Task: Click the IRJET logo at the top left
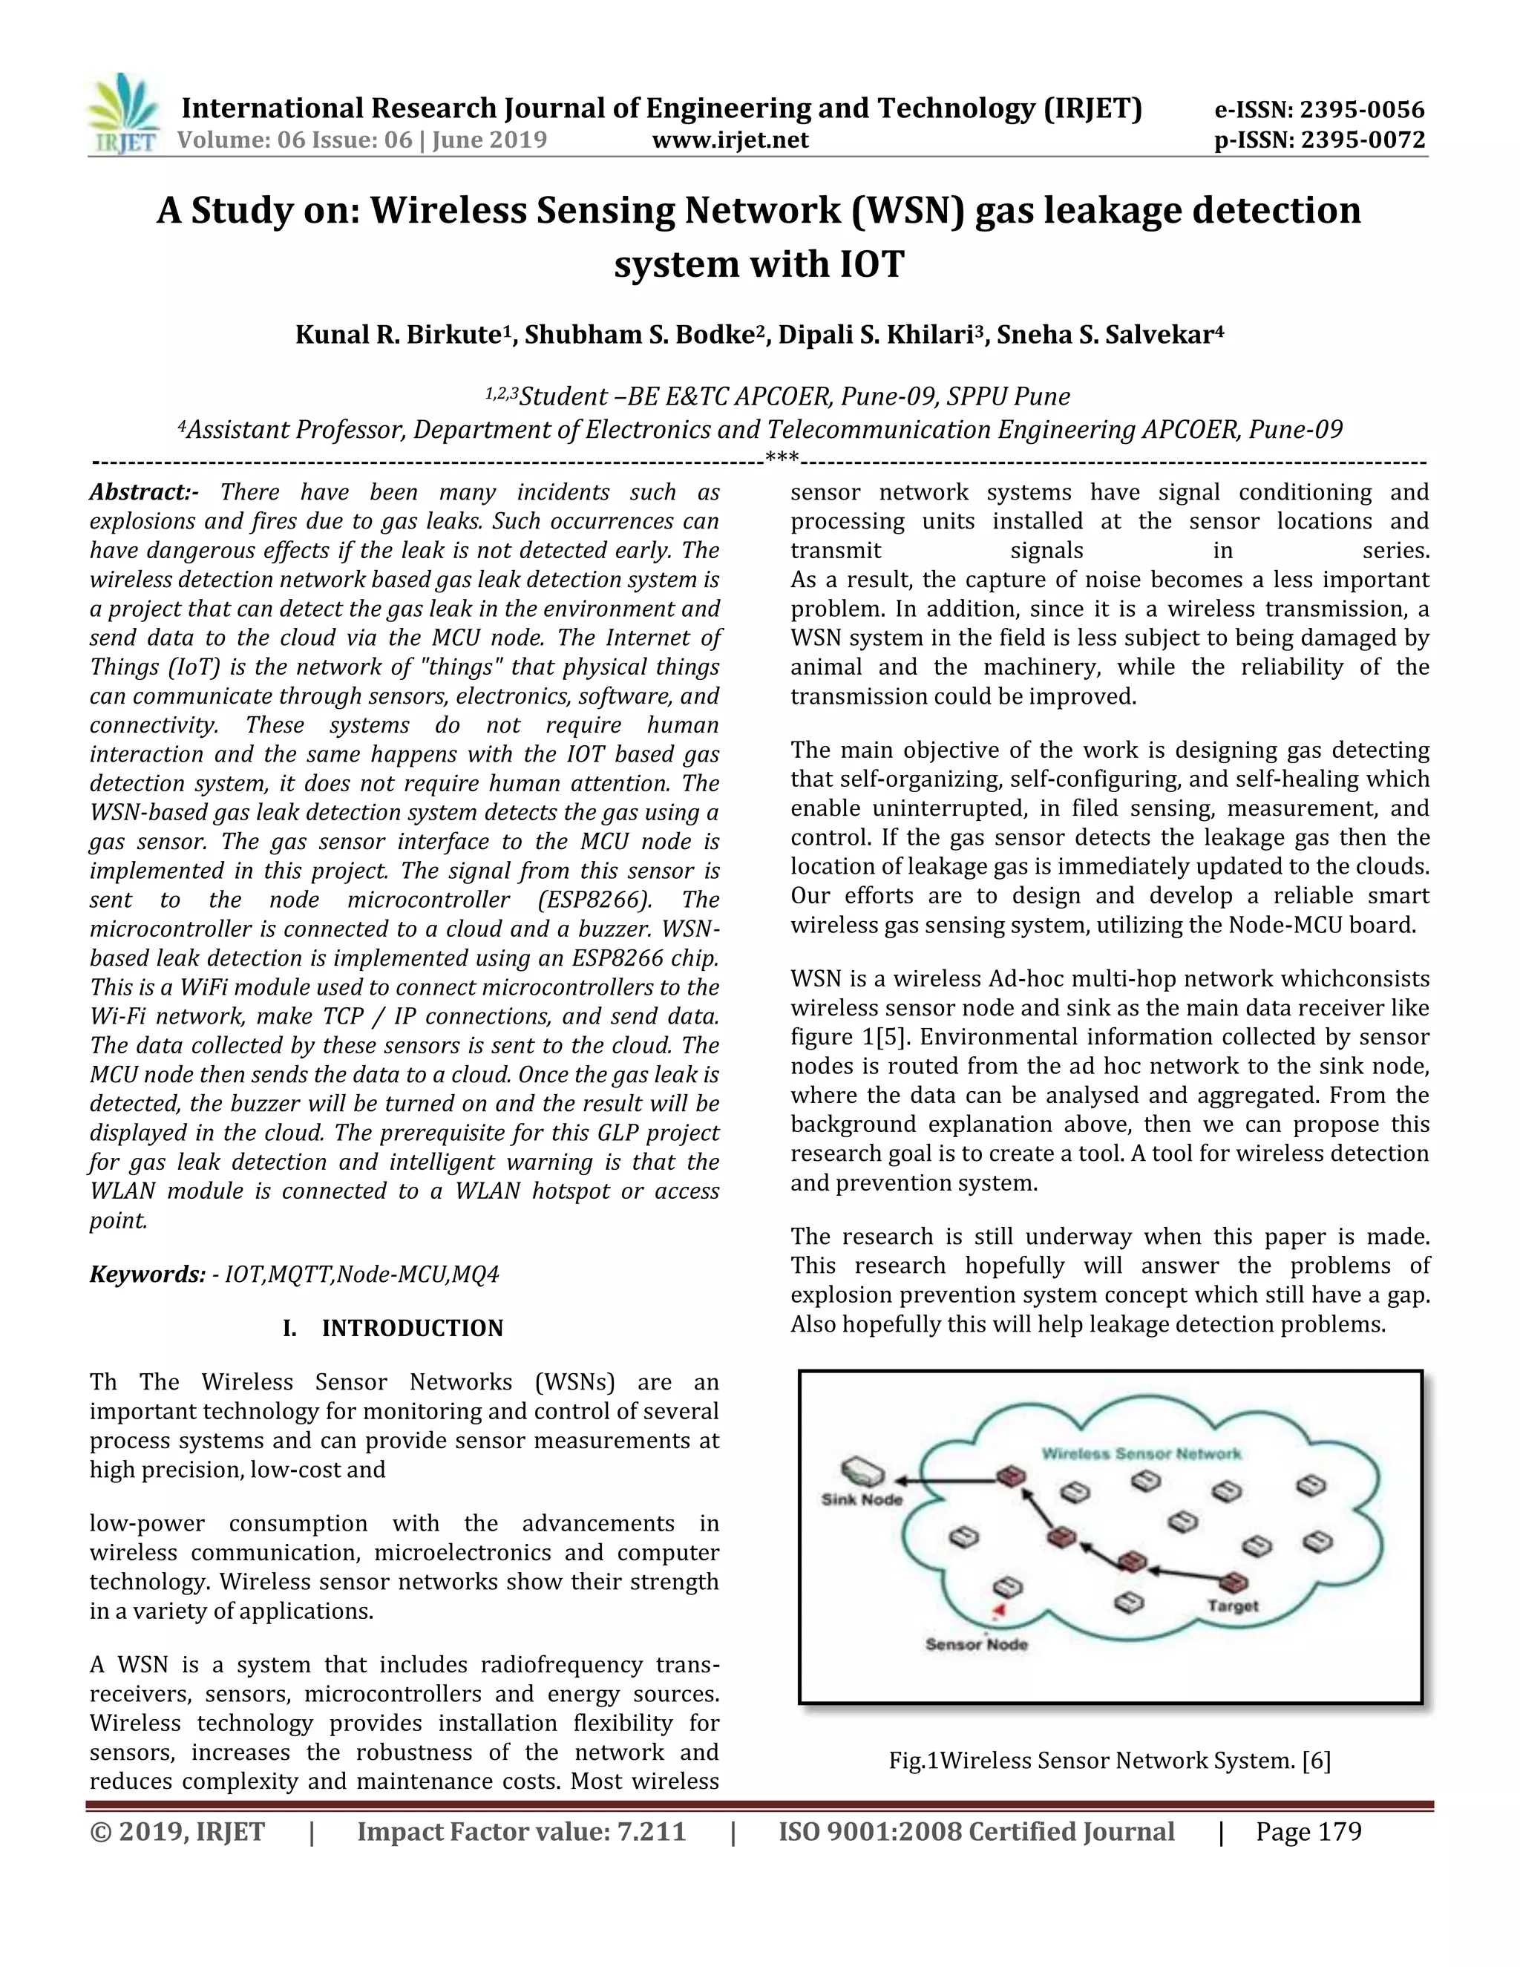click(x=124, y=115)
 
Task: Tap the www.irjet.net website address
click(x=730, y=140)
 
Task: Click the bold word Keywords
click(x=147, y=1274)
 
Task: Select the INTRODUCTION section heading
click(x=413, y=1329)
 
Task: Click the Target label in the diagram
click(x=1233, y=1606)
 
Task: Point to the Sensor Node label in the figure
click(x=976, y=1645)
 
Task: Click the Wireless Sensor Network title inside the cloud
click(x=1141, y=1453)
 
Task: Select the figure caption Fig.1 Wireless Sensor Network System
click(x=1110, y=1761)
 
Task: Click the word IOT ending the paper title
click(x=871, y=264)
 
